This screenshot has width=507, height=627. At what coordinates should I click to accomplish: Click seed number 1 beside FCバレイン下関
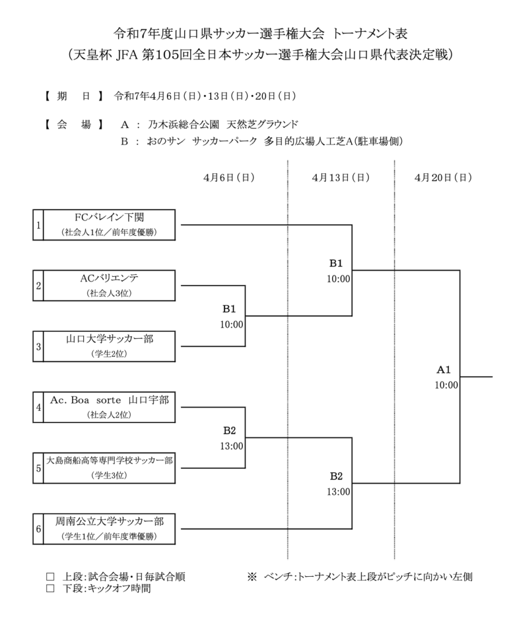pyautogui.click(x=38, y=225)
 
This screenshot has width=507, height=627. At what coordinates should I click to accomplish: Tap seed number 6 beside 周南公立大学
pyautogui.click(x=38, y=530)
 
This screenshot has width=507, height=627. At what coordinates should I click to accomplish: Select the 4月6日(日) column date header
pyautogui.click(x=229, y=178)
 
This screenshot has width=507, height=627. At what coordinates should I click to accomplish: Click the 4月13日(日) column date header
pyautogui.click(x=340, y=178)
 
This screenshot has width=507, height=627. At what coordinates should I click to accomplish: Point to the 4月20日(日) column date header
pyautogui.click(x=443, y=178)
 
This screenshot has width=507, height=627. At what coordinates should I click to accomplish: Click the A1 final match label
pyautogui.click(x=443, y=370)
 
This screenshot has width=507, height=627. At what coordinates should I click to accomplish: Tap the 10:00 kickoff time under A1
pyautogui.click(x=446, y=385)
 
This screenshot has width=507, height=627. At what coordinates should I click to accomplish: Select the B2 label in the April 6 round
pyautogui.click(x=229, y=430)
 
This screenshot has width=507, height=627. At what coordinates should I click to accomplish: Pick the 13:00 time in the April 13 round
pyautogui.click(x=338, y=491)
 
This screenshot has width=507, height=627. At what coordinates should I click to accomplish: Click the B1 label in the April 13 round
pyautogui.click(x=336, y=263)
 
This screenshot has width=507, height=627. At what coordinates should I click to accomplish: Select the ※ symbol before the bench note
pyautogui.click(x=252, y=577)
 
